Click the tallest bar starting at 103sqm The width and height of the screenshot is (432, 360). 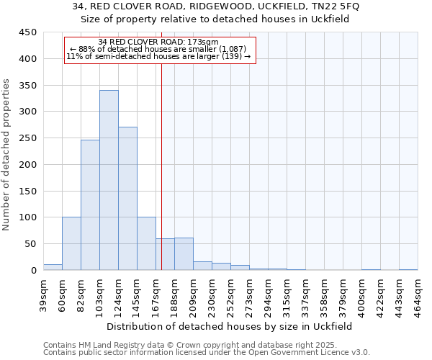click(109, 180)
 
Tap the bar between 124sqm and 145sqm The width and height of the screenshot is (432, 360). click(127, 199)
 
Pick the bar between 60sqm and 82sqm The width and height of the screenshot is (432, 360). click(71, 243)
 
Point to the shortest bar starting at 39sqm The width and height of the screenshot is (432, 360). click(53, 267)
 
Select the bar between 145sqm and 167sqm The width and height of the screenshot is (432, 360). click(146, 243)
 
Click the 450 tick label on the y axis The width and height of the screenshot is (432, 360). click(27, 32)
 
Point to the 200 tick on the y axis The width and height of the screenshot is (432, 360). click(27, 164)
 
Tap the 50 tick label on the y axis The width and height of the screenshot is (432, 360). click(30, 243)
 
